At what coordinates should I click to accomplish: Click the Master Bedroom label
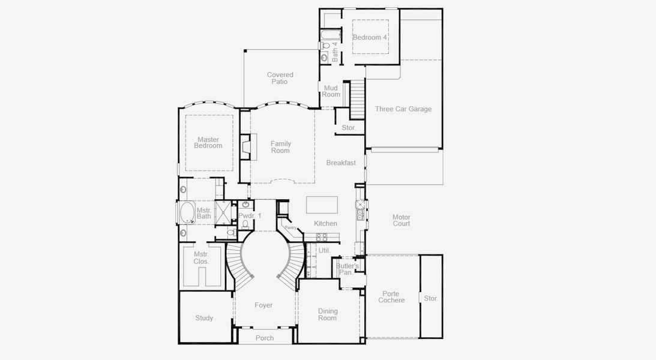coord(208,143)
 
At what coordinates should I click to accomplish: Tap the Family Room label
coord(280,147)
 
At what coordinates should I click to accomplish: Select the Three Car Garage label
coord(403,109)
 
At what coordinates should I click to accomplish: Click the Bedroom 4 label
coord(370,37)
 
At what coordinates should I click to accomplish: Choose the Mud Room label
coord(331,91)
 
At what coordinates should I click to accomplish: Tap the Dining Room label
coord(328,314)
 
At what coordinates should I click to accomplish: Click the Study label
coord(204,318)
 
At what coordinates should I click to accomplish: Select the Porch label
coord(265,338)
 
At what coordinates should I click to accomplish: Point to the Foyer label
coord(263,305)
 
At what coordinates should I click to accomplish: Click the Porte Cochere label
coord(391,297)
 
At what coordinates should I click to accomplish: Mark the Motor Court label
coord(402,220)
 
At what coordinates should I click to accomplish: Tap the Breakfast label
coord(341,163)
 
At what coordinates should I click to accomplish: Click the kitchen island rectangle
coord(322,205)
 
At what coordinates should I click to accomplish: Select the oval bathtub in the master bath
coord(187,212)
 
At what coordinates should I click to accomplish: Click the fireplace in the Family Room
coord(246,147)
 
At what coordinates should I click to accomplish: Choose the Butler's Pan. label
coord(347,269)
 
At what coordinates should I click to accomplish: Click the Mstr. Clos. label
coord(201,258)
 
